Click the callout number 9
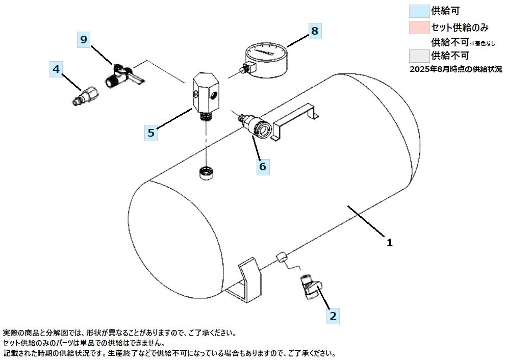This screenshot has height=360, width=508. coord(84,39)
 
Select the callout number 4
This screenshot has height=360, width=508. coord(57,68)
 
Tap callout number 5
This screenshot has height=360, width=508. coord(150,133)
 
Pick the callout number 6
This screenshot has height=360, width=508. coord(263,166)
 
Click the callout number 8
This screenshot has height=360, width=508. coord(315,31)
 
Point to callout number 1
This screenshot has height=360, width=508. coord(389,243)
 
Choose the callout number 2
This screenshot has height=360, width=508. coord(333,316)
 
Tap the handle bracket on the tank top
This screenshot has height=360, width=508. coord(296,119)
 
